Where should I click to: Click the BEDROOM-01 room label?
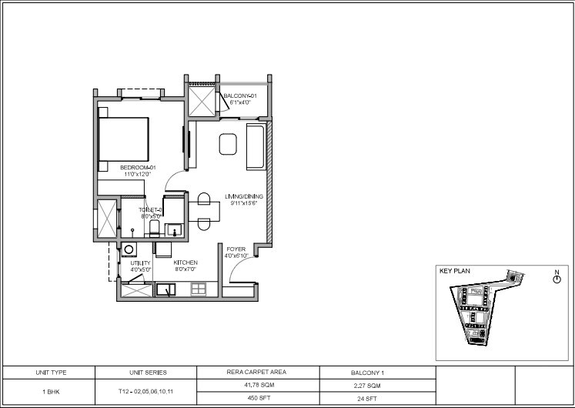click(138, 167)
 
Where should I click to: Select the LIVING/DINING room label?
click(243, 196)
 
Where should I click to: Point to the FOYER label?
click(235, 249)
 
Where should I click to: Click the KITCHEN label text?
click(186, 263)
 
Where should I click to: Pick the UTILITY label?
click(139, 263)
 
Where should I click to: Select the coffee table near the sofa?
click(228, 144)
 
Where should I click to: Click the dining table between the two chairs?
click(203, 211)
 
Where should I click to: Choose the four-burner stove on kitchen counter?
click(199, 289)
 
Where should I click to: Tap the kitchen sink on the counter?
click(166, 289)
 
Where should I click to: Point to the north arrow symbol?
click(556, 279)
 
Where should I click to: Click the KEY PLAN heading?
click(454, 271)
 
